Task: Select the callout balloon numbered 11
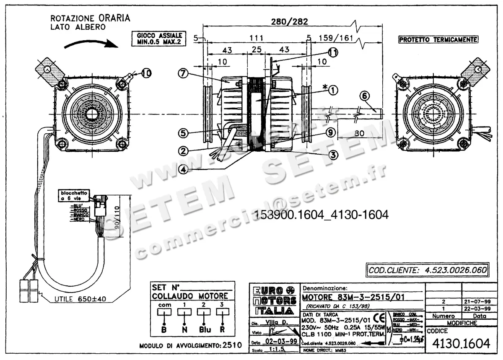[333, 53]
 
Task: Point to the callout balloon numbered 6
[364, 96]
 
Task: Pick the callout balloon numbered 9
[331, 133]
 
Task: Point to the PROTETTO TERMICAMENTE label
[438, 39]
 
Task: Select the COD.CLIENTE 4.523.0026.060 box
[427, 270]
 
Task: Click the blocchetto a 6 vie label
[73, 196]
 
